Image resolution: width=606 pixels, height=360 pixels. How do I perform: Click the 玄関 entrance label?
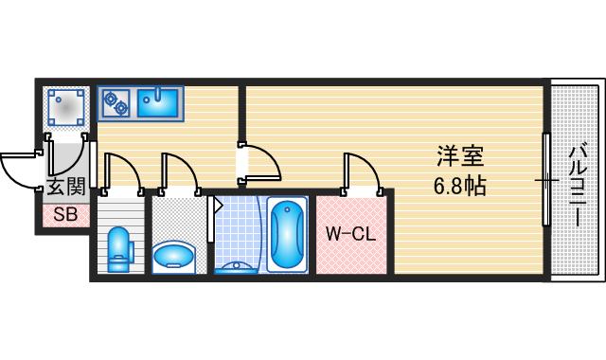[65, 187]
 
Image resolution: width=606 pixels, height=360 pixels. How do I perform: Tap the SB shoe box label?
[65, 214]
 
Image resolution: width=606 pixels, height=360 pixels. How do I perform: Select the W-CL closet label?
[351, 233]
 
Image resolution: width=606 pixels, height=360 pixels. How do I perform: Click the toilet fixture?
[119, 248]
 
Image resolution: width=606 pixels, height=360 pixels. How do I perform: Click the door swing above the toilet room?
[124, 171]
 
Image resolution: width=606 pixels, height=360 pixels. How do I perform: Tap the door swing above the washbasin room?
[181, 171]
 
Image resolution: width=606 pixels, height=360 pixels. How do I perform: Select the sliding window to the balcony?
[546, 180]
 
